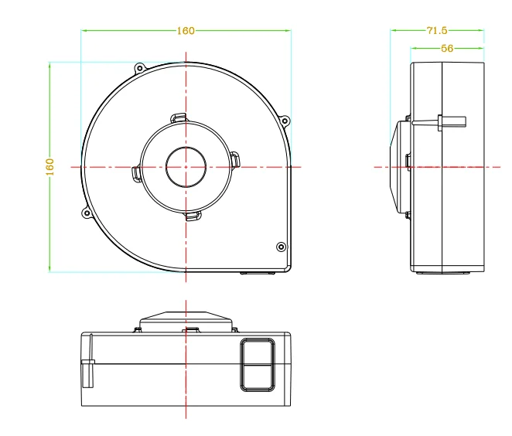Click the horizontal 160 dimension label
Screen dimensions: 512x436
tap(186, 31)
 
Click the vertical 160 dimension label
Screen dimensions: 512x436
tap(50, 167)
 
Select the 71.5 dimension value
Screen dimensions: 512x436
tap(437, 30)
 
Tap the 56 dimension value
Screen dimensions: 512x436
tap(447, 48)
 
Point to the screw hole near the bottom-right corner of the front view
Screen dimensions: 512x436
tap(282, 247)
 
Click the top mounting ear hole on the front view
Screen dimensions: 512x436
tap(140, 68)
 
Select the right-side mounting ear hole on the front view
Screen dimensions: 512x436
tap(285, 121)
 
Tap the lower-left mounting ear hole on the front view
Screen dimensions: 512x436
tap(87, 214)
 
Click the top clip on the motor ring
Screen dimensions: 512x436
tap(179, 118)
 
